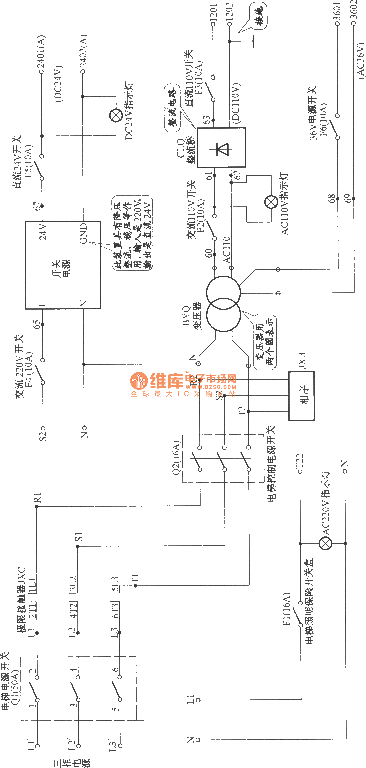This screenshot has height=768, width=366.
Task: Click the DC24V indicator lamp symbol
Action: coord(116,116)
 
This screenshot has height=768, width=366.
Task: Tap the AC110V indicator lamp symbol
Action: coord(271,202)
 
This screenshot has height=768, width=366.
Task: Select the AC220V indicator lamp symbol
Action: coord(325,543)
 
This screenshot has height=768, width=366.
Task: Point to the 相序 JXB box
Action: coord(301,396)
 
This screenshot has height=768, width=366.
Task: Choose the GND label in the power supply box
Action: coord(83,233)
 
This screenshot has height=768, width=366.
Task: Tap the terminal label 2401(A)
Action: coord(41,52)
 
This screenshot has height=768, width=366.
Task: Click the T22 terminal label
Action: coord(299,462)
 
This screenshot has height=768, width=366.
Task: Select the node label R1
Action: coord(37,497)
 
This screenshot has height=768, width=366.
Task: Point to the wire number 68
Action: coord(331,198)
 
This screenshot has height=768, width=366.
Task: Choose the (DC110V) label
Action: coord(236,104)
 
